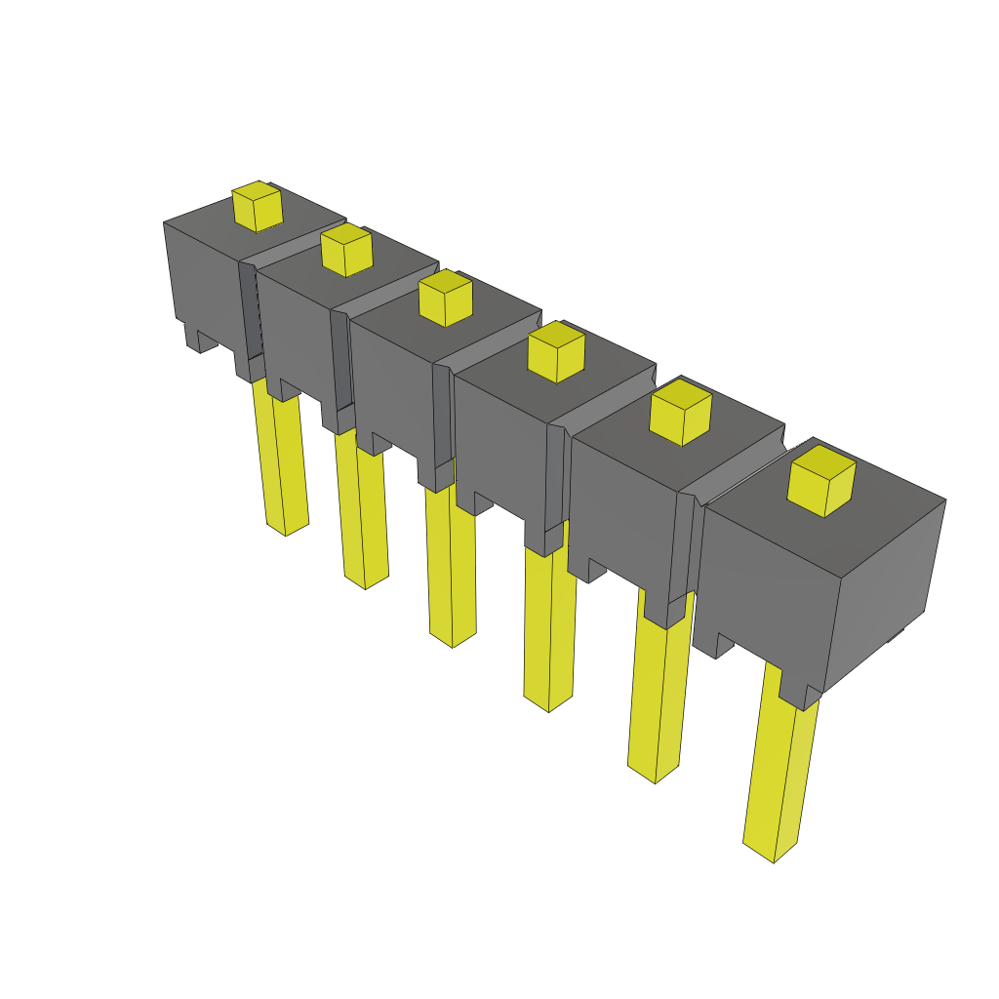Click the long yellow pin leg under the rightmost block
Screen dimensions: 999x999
pos(778,771)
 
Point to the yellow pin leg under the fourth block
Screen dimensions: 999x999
pos(548,624)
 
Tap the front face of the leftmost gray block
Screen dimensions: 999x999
pos(203,278)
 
